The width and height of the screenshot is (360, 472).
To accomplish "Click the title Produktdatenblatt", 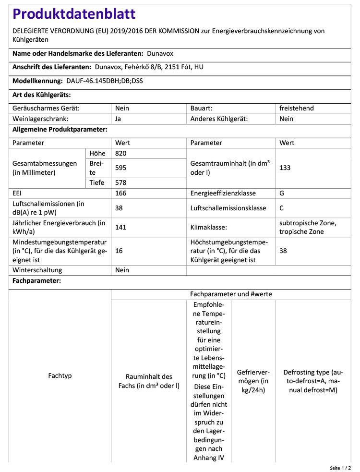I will coord(74,14).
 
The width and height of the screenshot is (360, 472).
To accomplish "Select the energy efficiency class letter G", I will coord(282,193).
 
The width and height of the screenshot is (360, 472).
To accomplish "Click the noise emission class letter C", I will coord(282,208).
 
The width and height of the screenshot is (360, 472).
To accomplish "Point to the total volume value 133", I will coord(285,168).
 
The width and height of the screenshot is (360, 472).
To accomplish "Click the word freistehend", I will coord(296,108).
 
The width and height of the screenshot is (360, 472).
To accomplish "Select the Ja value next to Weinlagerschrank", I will coord(119,119).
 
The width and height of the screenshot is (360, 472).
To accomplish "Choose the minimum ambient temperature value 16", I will coord(119,251).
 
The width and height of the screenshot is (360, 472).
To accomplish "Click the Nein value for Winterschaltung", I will coord(122,270).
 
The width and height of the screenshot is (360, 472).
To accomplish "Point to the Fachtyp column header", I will coord(60,375).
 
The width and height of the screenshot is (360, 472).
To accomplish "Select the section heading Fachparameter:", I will coord(36,280).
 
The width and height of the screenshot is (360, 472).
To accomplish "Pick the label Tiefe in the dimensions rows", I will coord(96,182).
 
